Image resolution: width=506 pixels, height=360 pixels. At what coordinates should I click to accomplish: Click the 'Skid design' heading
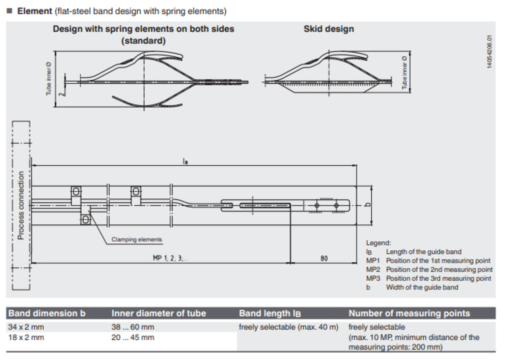(x=329, y=29)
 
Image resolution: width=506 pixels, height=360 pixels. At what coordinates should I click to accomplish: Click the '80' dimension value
(x=324, y=258)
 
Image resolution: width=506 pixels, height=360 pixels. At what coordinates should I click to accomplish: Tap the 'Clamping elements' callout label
(x=137, y=240)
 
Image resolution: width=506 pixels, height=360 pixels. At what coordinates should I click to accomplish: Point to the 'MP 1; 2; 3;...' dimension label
(x=170, y=258)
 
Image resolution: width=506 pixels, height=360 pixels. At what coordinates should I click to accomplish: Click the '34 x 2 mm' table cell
(x=26, y=327)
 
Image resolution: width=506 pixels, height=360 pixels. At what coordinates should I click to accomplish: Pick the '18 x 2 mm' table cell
(x=26, y=337)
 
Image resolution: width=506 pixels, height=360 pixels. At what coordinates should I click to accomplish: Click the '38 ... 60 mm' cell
(x=133, y=327)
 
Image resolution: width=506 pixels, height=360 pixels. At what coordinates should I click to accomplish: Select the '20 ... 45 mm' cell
(x=133, y=337)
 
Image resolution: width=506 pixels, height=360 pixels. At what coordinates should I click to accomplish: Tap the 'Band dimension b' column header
(x=47, y=313)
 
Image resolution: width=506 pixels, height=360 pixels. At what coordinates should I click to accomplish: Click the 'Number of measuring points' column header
(x=409, y=313)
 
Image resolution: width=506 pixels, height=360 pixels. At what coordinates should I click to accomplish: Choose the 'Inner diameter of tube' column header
(x=159, y=313)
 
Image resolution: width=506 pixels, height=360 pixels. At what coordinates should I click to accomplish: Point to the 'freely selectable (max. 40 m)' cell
(x=288, y=327)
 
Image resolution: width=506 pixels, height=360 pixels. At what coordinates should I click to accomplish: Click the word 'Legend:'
(x=378, y=243)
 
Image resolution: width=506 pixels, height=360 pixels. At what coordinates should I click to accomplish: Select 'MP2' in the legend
(x=373, y=270)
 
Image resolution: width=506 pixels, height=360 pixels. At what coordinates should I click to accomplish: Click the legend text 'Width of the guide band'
(x=422, y=287)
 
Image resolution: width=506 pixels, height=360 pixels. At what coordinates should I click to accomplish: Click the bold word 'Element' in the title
(x=35, y=11)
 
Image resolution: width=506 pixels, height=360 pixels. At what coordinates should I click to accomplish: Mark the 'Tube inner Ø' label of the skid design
(x=404, y=72)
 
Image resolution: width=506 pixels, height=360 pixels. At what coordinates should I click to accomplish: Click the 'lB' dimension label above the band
(x=185, y=162)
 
